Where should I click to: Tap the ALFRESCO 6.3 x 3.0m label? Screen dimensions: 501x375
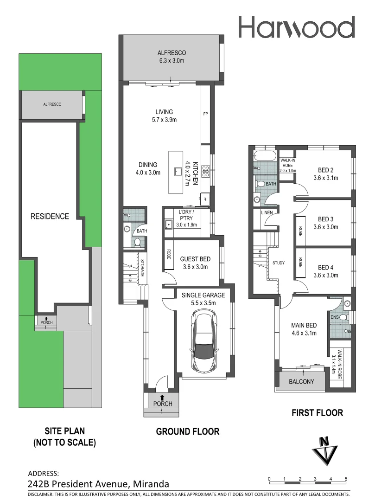coord(172,56)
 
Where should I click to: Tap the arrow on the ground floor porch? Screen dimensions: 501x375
coord(162,397)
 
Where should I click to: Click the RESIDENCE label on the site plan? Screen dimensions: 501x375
coord(50,216)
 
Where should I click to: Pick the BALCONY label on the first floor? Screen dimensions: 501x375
coord(302,382)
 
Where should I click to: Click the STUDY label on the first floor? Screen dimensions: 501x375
coord(279,263)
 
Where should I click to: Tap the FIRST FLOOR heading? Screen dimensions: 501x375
coord(317,413)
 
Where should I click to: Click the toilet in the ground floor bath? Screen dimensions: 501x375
coord(137,242)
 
